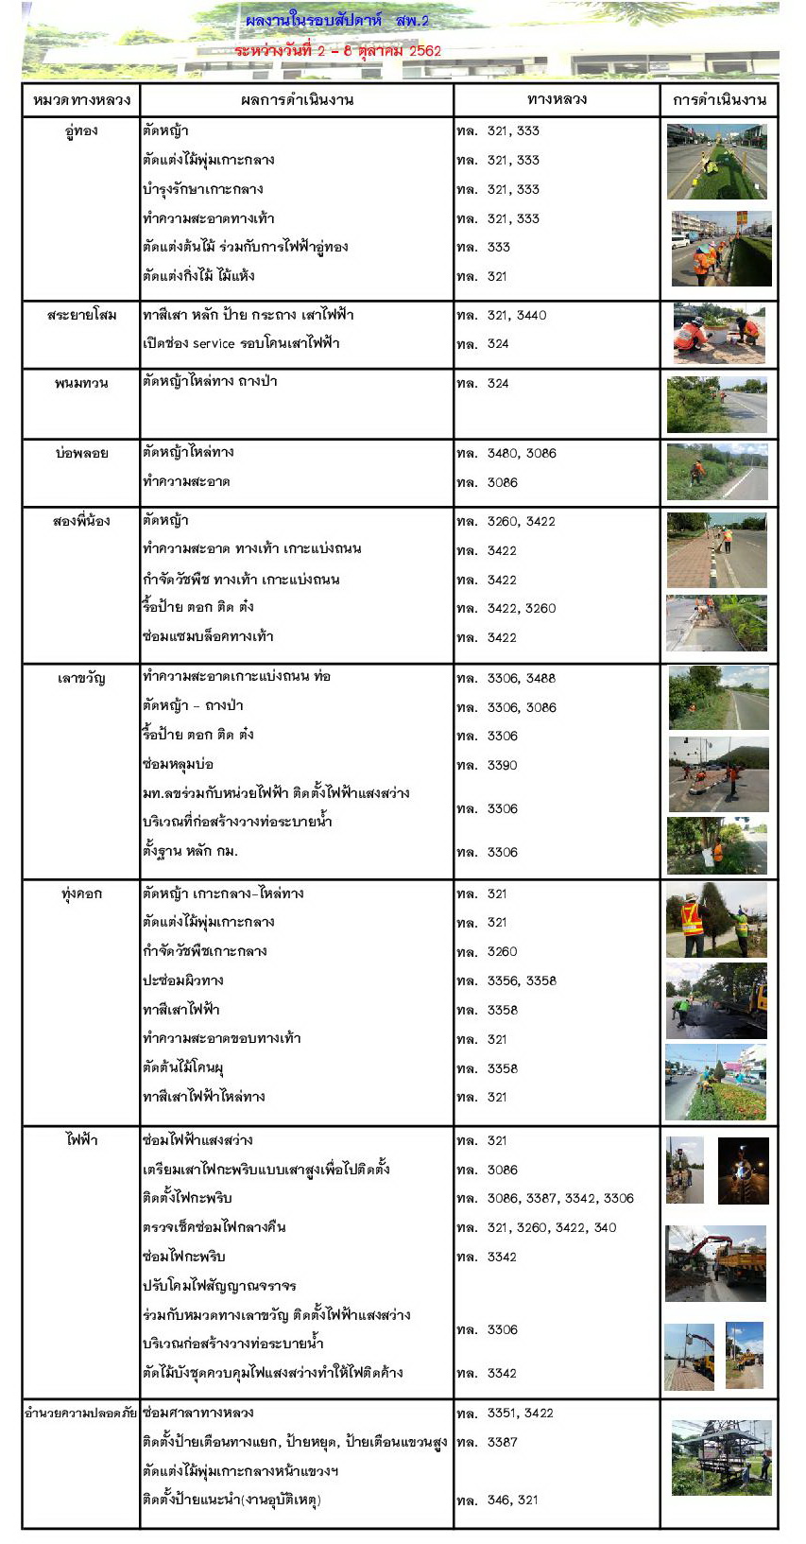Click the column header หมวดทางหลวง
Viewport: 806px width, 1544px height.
click(81, 100)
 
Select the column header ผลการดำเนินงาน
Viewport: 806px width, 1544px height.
click(297, 100)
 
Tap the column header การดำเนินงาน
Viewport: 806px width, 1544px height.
click(719, 100)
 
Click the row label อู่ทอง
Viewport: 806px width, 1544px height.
click(81, 131)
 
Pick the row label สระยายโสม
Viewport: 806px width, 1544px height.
click(81, 315)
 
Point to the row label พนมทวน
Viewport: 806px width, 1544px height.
click(81, 383)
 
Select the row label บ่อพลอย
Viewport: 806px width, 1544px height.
click(81, 453)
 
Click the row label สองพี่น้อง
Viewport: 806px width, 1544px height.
click(81, 521)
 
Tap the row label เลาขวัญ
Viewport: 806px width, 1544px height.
click(81, 678)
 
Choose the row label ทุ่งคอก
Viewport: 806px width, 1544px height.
click(81, 893)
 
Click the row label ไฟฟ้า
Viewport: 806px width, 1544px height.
click(81, 1140)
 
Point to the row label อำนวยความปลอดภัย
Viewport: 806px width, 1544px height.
click(81, 1414)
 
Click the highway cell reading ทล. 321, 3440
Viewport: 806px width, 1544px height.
click(502, 316)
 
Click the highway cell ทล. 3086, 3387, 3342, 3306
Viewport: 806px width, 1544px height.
click(545, 1199)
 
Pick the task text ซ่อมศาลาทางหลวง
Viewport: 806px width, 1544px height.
click(197, 1414)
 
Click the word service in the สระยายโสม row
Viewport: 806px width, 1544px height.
click(213, 344)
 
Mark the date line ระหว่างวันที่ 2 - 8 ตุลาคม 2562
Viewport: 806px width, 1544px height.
click(337, 51)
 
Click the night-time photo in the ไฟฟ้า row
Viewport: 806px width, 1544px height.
click(743, 1171)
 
